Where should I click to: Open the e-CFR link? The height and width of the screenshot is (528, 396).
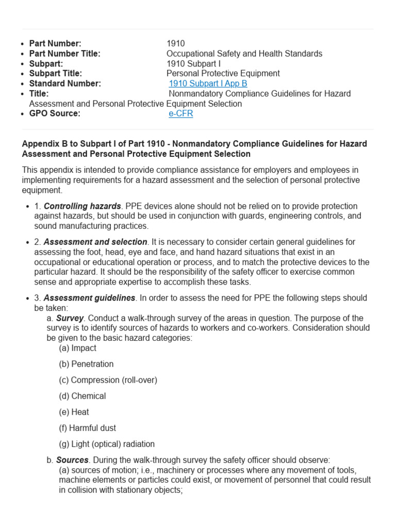coord(180,113)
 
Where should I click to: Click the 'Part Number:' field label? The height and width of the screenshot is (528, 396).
coord(55,44)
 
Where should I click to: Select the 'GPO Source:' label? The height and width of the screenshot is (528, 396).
coord(55,113)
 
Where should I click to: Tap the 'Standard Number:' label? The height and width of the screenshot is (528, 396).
coord(65,84)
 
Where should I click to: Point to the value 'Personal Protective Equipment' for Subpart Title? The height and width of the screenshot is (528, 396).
coord(223,74)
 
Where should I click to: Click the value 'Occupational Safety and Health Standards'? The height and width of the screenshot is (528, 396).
coord(244,54)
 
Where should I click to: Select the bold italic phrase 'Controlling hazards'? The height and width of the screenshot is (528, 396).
coord(82,206)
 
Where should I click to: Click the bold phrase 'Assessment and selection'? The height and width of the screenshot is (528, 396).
coord(95,242)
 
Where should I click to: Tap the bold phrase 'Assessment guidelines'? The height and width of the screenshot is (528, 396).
coord(90,298)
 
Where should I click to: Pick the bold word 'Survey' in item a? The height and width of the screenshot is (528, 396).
coord(70,318)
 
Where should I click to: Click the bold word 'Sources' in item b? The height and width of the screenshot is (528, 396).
coord(72,460)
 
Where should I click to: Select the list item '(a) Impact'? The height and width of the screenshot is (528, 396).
coord(77,348)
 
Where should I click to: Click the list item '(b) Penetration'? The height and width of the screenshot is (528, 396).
coord(86,364)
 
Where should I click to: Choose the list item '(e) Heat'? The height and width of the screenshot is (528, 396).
coord(74,412)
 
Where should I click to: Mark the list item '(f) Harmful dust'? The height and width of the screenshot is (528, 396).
coord(87,428)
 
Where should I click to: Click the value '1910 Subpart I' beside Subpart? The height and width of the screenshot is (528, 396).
coord(193,64)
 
